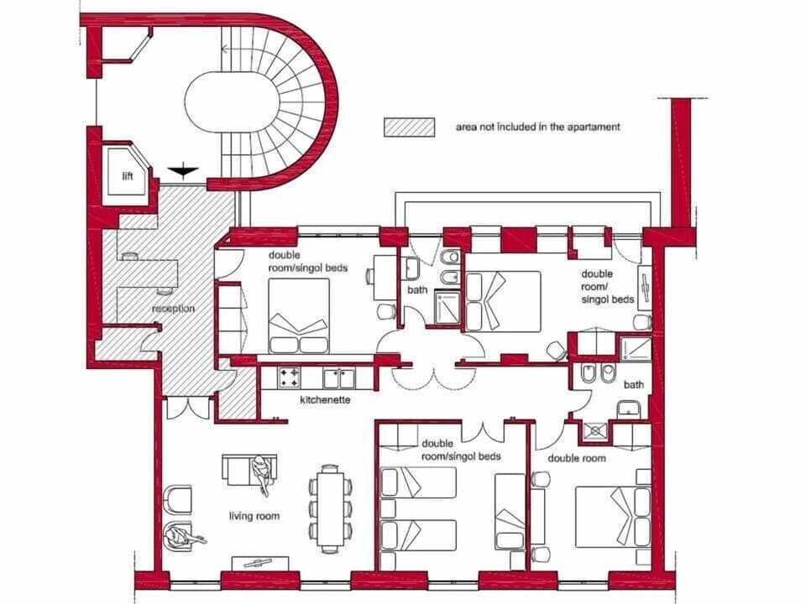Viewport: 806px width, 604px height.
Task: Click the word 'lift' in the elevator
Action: (127, 175)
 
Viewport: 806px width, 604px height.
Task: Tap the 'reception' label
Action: (173, 309)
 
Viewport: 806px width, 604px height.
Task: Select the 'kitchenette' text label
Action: (325, 400)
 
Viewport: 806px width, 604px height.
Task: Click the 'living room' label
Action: (254, 516)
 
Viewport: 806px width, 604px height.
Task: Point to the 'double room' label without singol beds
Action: (577, 458)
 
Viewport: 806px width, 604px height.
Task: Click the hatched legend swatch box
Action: (410, 127)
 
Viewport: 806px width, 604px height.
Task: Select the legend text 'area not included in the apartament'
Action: (537, 128)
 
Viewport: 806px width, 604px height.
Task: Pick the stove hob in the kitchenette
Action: (290, 377)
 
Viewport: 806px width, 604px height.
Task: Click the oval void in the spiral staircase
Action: (232, 104)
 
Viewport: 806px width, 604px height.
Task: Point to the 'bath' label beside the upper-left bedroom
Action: (417, 290)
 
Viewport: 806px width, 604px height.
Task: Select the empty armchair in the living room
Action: (179, 498)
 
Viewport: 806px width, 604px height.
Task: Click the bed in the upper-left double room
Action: (299, 315)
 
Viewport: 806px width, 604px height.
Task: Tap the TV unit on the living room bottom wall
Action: (259, 562)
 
